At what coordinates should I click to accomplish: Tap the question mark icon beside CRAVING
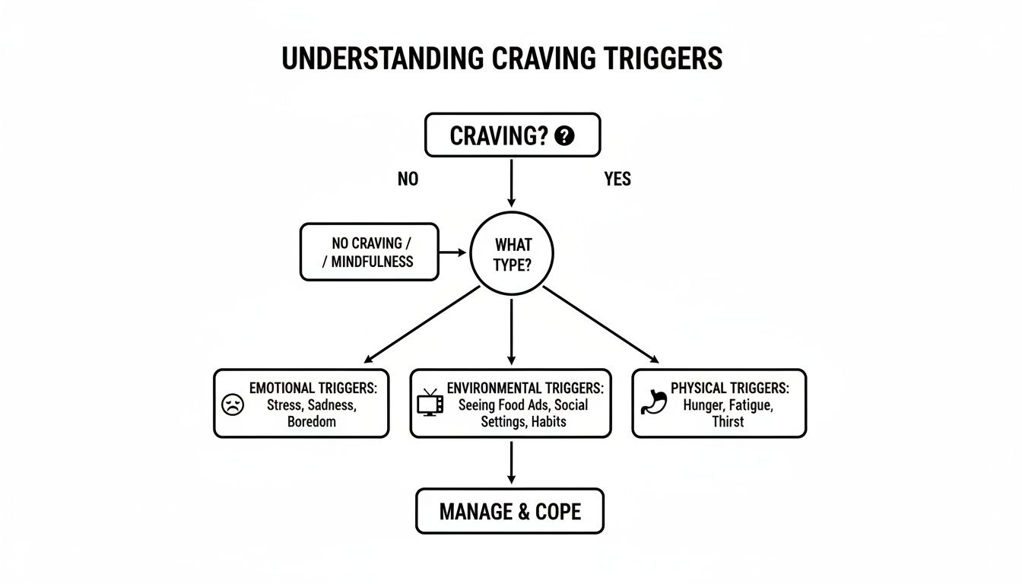564,136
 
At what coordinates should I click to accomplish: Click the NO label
408,179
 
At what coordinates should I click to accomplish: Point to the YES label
617,179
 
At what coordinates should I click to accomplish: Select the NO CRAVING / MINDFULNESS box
370,252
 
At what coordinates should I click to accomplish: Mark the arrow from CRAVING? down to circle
511,182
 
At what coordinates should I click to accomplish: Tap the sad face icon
232,405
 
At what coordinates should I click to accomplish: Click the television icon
430,402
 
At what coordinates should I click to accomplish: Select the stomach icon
653,401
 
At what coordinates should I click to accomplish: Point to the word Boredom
311,421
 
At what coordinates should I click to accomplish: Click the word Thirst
728,421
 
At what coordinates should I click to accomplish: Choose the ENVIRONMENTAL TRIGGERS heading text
525,388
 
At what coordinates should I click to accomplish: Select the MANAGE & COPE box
509,511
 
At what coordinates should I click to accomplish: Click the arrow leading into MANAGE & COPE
511,462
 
